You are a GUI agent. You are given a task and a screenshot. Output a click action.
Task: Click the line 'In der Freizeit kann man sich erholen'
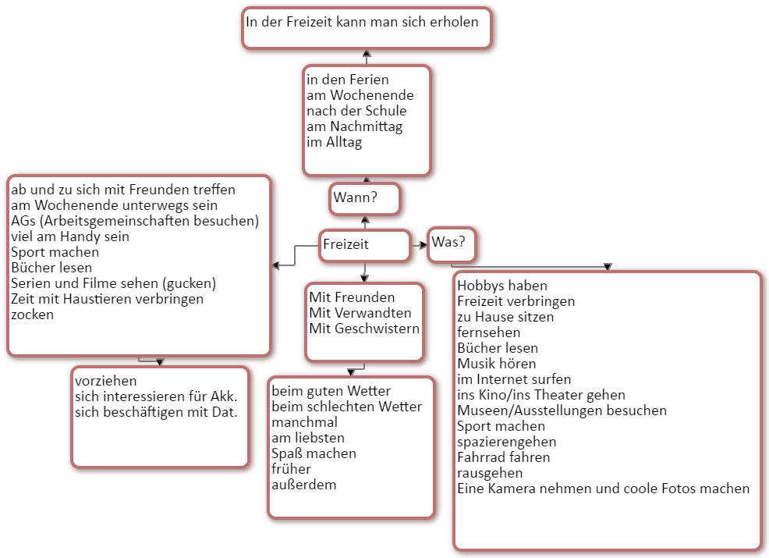click(x=362, y=22)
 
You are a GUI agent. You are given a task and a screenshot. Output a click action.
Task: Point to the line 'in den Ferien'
click(x=347, y=80)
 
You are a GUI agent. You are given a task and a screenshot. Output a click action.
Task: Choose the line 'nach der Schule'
click(x=356, y=111)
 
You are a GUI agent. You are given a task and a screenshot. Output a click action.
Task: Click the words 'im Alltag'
click(x=334, y=143)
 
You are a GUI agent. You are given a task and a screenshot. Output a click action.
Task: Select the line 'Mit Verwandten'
click(x=360, y=313)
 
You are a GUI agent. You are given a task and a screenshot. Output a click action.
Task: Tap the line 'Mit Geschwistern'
click(x=364, y=329)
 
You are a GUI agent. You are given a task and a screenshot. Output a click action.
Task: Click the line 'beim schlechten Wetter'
click(x=346, y=407)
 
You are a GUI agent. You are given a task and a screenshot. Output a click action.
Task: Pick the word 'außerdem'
click(x=303, y=485)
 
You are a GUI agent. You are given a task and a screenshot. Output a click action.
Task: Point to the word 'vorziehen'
click(x=105, y=381)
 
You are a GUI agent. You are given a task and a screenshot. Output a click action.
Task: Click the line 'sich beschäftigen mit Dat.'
click(x=156, y=412)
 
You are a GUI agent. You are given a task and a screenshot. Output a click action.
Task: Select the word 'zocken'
click(x=32, y=315)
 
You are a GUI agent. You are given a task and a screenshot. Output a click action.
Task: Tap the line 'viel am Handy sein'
click(x=70, y=236)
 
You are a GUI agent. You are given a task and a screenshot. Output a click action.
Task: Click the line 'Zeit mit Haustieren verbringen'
click(x=107, y=299)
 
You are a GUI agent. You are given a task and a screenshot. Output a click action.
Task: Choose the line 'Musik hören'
click(x=497, y=364)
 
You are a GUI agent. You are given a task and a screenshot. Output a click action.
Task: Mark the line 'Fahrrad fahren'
click(x=503, y=457)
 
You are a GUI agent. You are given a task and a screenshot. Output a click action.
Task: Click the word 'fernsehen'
click(x=488, y=332)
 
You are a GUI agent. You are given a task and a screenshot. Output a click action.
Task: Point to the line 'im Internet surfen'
click(x=514, y=379)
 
